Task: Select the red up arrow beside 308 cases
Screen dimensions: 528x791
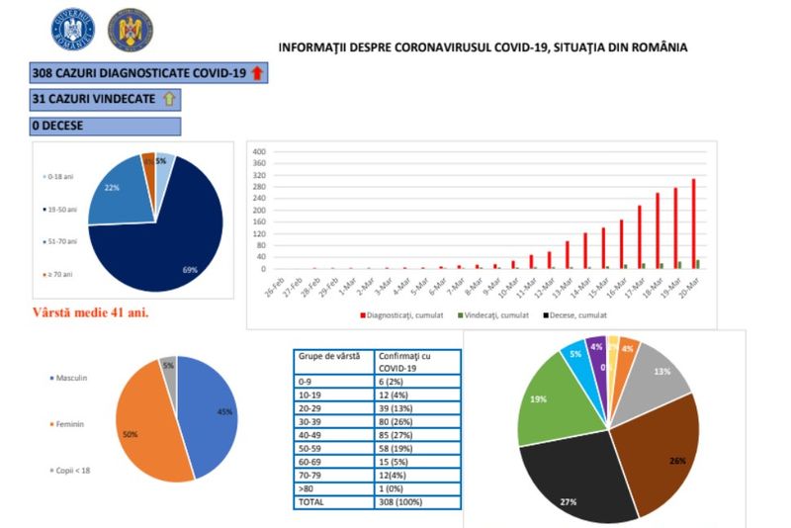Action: point(258,73)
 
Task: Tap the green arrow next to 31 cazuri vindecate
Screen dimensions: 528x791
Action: point(168,100)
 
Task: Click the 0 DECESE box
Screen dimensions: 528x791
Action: point(105,127)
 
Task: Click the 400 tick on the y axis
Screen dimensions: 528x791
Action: point(260,152)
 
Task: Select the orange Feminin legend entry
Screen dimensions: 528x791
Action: point(68,424)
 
